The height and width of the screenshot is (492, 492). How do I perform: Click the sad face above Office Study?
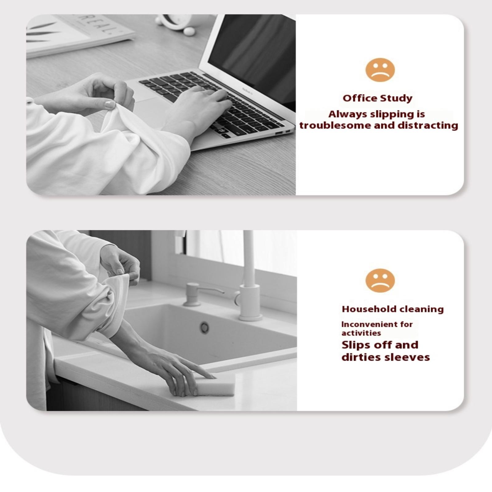(380, 70)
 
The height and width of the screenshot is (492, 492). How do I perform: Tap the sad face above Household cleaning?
(380, 280)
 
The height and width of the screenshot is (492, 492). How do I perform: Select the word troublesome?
(335, 125)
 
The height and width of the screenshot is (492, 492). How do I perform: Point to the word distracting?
(428, 125)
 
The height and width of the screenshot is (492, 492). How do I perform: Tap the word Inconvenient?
(365, 324)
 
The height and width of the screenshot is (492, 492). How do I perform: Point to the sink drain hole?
(204, 327)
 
